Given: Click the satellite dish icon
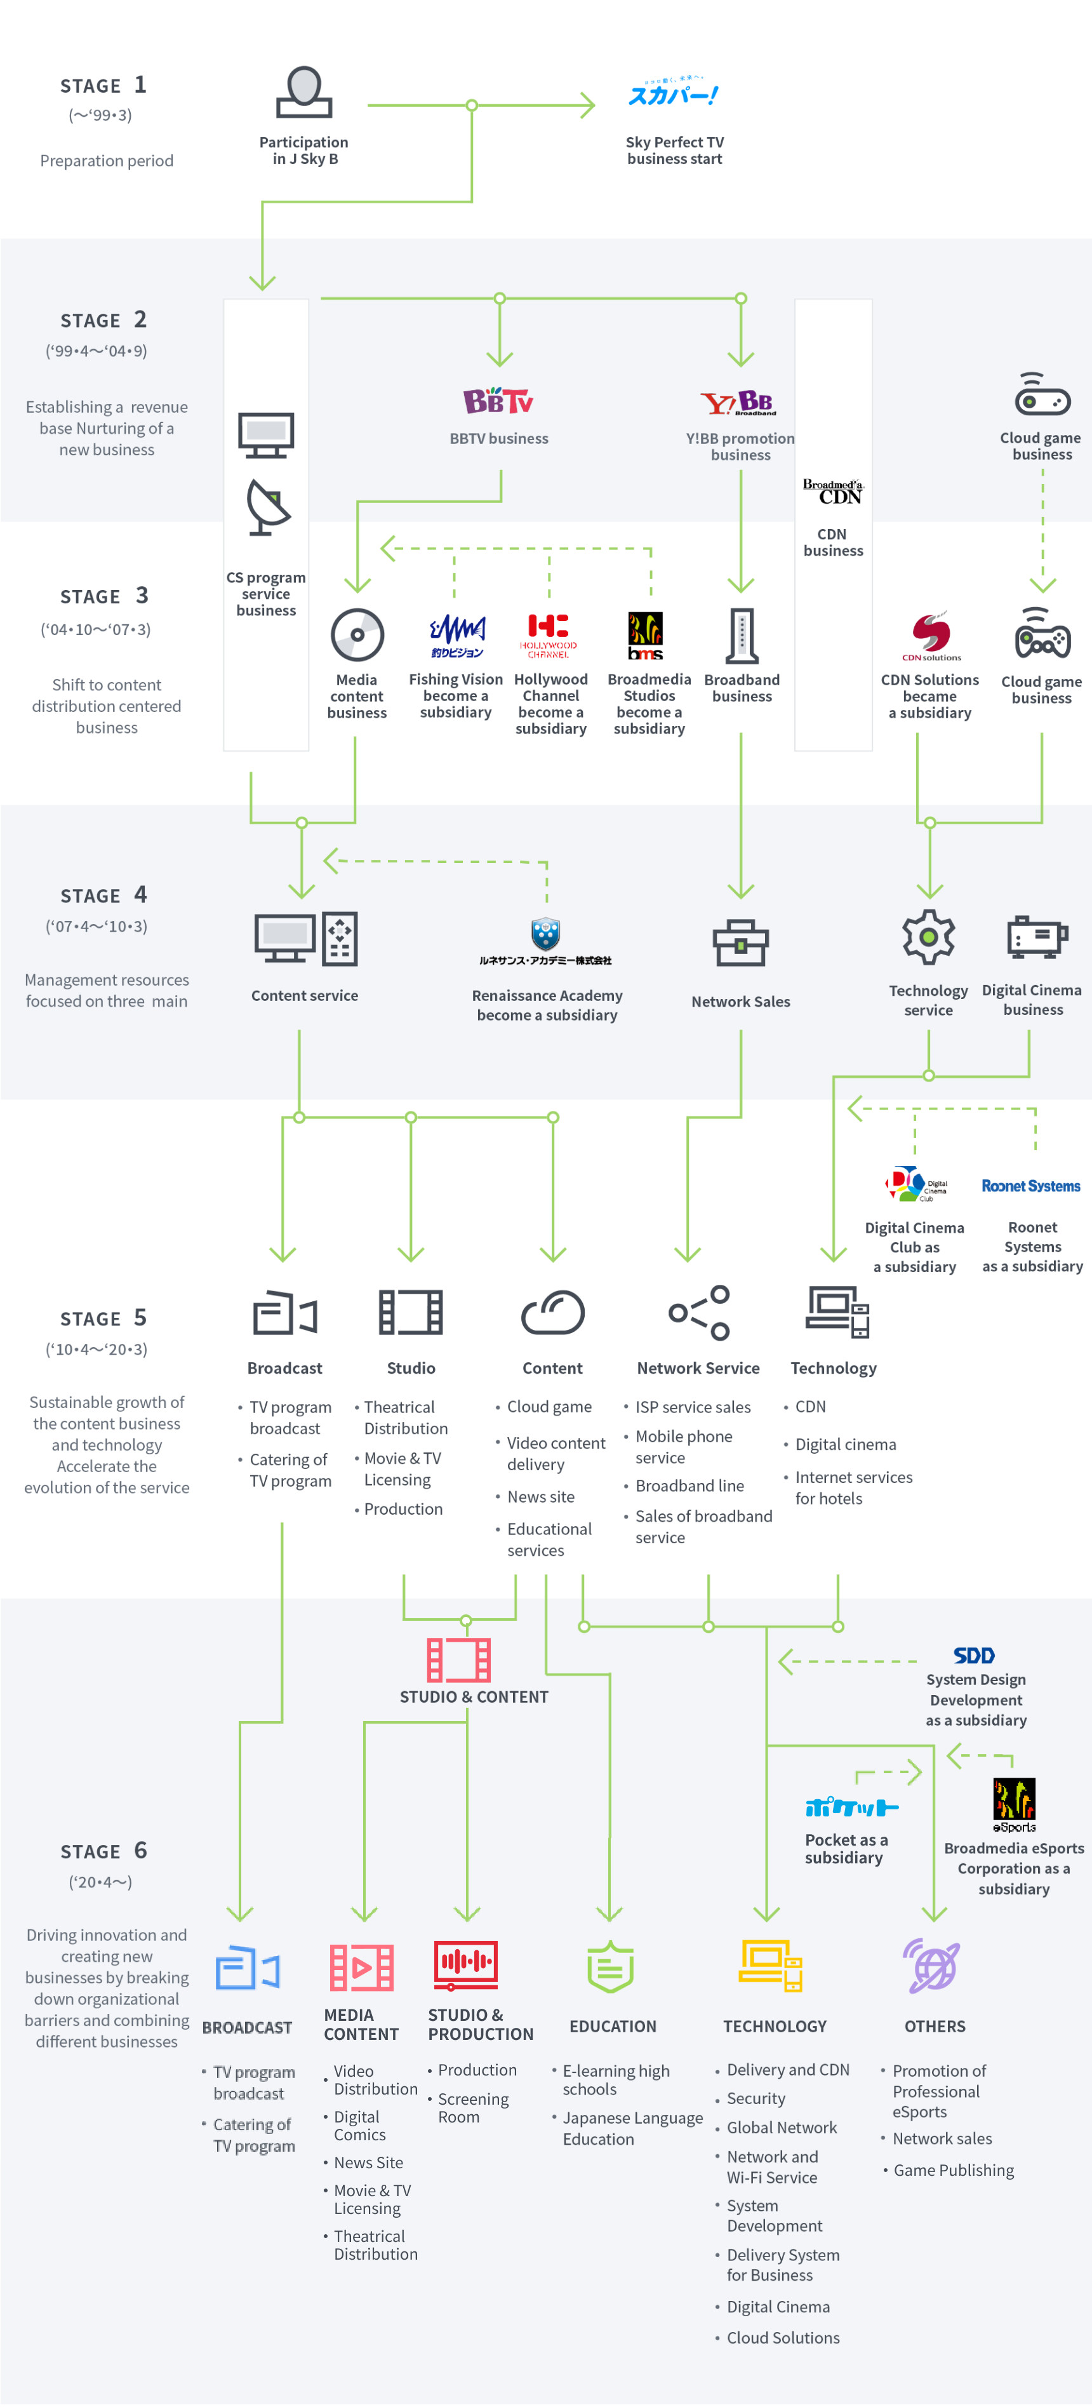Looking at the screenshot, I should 268,507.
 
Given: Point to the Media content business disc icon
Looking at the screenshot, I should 357,634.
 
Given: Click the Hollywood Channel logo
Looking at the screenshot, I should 549,634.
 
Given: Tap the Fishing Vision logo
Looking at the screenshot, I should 456,634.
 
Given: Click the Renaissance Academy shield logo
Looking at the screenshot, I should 545,934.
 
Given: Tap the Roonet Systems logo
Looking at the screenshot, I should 1030,1186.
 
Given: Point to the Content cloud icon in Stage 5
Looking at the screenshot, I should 552,1313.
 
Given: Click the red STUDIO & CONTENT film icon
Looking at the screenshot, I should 458,1659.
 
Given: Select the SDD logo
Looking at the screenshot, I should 973,1655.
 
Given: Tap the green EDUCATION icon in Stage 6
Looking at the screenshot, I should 610,1967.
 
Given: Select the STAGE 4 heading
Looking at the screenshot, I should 103,895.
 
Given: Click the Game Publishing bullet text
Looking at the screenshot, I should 953,2169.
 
